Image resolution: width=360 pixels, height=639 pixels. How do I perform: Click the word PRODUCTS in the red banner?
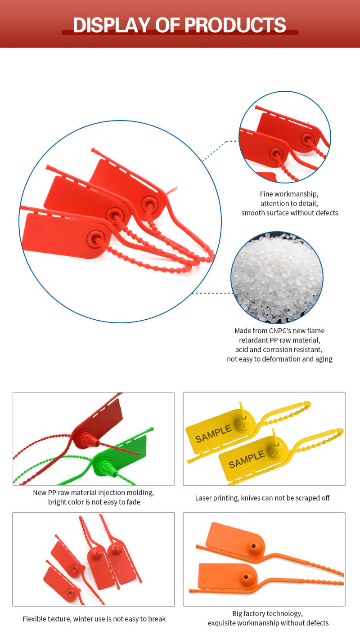(x=235, y=25)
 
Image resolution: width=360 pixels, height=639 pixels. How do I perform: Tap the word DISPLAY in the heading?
(x=111, y=25)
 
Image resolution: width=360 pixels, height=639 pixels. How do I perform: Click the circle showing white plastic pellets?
(x=277, y=277)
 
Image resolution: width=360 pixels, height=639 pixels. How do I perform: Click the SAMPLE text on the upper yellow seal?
(x=213, y=433)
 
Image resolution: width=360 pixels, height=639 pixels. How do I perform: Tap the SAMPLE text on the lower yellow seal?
(x=247, y=459)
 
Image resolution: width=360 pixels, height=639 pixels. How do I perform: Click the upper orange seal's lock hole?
(x=253, y=546)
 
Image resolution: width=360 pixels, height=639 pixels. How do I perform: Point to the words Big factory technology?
(x=267, y=614)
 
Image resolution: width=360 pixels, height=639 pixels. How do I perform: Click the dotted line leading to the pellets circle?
(x=213, y=293)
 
